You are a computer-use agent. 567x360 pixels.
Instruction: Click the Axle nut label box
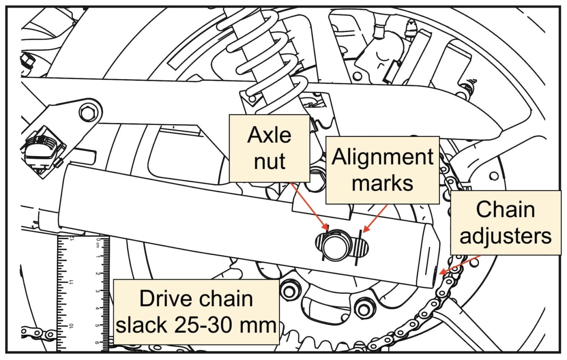(x=269, y=148)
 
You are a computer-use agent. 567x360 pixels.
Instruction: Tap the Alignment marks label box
(x=382, y=170)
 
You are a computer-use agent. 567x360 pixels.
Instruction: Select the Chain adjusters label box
(x=505, y=223)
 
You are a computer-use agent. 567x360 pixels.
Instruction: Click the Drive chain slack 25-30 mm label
(x=196, y=312)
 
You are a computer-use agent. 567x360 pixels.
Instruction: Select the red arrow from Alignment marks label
(x=375, y=218)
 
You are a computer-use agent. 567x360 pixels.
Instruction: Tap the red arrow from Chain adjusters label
(x=460, y=264)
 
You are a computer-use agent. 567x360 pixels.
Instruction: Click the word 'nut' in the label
(x=269, y=161)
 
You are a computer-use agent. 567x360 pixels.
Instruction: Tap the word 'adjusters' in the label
(x=505, y=236)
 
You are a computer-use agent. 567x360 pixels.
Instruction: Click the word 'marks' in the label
(x=382, y=183)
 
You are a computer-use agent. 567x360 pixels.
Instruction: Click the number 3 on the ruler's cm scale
(x=97, y=291)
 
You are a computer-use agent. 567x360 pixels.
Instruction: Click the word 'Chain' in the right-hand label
(x=505, y=209)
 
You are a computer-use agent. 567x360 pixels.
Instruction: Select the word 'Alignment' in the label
(x=382, y=157)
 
